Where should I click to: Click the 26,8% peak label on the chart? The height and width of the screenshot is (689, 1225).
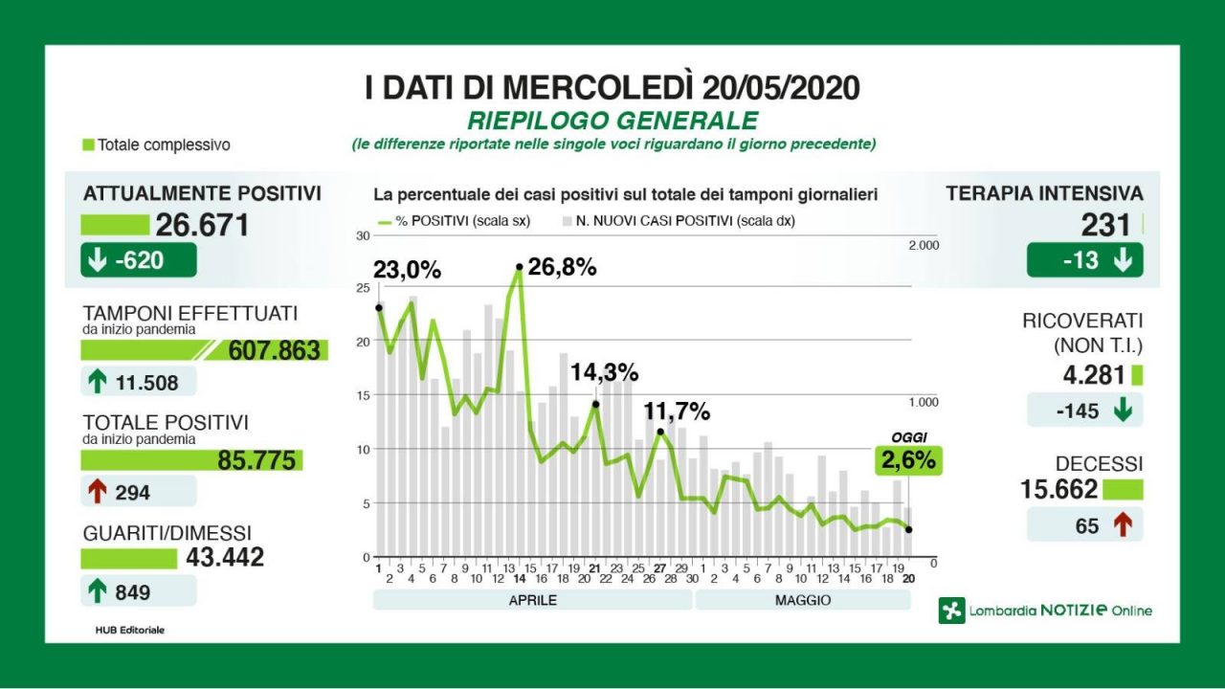(x=562, y=268)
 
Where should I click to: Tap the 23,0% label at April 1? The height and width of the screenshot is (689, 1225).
(x=407, y=271)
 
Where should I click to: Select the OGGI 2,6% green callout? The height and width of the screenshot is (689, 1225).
(x=908, y=461)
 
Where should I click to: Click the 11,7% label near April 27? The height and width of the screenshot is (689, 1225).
(x=677, y=411)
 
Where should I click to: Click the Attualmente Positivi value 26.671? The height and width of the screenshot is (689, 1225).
(x=202, y=225)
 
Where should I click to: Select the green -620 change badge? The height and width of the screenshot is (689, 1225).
(x=138, y=259)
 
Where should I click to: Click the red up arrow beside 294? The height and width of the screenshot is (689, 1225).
(x=97, y=492)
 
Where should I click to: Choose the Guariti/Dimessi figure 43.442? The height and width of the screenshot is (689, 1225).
(x=223, y=557)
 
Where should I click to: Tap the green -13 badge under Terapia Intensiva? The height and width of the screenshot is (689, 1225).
(x=1084, y=259)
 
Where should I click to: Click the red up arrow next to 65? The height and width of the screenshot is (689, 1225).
(x=1123, y=524)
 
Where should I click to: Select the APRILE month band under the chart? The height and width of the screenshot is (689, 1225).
(x=532, y=600)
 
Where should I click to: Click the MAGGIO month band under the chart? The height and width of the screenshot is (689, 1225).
(x=802, y=600)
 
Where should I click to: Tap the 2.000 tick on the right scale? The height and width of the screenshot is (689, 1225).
(x=924, y=246)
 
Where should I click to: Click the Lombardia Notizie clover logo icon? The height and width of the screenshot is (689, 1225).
(x=951, y=611)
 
